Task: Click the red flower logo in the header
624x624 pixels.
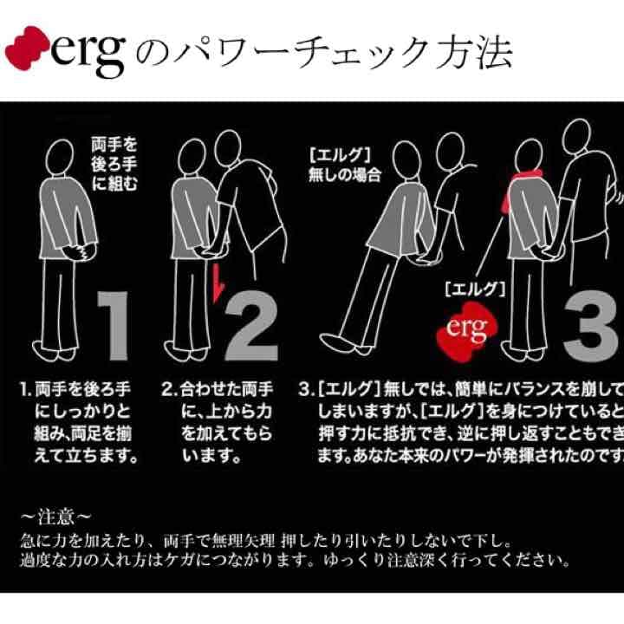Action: (x=25, y=53)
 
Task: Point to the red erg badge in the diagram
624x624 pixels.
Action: (x=462, y=328)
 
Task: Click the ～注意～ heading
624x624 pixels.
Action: (x=54, y=517)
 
